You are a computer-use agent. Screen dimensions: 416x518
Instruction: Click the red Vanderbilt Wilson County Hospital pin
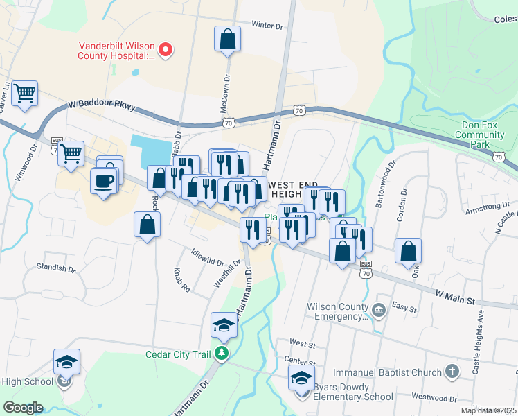166,49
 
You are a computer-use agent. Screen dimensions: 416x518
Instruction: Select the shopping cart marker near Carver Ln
25,94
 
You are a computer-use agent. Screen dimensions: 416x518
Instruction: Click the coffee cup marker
104,182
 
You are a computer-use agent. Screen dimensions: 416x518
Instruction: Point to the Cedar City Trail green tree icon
222,354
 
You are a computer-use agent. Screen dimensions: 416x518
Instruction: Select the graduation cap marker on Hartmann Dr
224,325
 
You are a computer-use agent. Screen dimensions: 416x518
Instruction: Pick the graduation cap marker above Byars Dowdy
301,379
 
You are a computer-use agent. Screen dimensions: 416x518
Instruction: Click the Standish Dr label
56,267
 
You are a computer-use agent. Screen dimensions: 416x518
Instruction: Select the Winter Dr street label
268,26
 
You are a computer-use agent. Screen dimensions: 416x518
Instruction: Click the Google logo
23,407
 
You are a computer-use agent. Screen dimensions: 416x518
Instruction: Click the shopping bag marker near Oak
409,252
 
